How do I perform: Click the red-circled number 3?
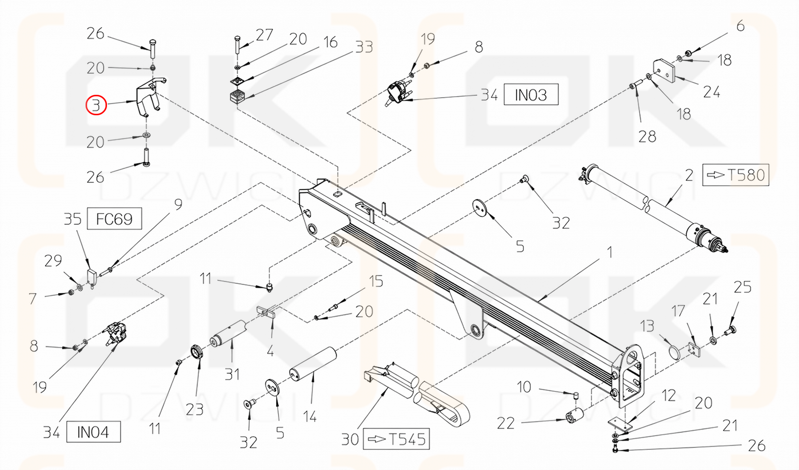96,105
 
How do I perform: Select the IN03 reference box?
531,94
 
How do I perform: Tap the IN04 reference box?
93,432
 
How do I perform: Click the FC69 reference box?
114,218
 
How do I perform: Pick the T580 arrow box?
735,174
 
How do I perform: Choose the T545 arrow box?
396,439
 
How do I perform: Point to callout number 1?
609,252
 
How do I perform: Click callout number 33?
364,47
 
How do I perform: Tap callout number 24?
711,92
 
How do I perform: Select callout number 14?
310,417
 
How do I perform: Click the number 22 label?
506,423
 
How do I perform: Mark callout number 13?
647,326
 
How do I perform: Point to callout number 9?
178,204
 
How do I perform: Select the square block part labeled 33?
237,96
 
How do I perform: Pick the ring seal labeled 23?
196,352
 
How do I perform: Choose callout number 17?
678,311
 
